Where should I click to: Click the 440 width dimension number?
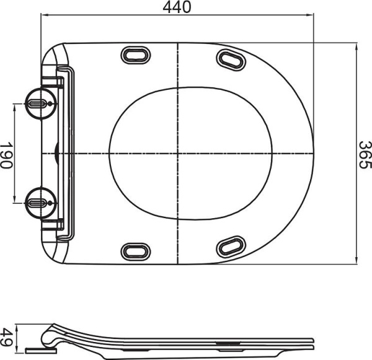point(177,7)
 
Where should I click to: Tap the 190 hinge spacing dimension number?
point(7,154)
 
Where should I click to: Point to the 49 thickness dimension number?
point(7,338)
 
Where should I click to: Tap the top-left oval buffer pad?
point(136,55)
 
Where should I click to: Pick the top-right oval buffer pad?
point(231,59)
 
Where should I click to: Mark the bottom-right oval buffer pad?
point(231,247)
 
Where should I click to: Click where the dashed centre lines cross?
point(178,153)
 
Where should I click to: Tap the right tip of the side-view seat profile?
point(312,341)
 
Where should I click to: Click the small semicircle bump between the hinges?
point(56,153)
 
